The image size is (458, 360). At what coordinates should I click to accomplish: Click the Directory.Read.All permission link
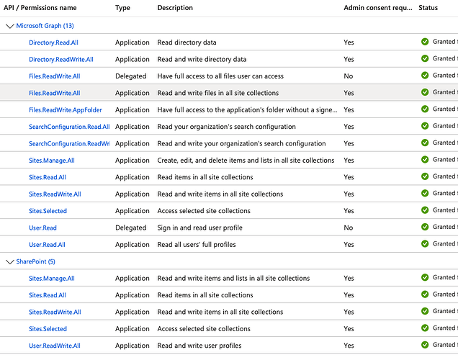click(53, 42)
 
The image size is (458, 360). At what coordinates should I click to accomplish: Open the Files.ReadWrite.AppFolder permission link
click(65, 110)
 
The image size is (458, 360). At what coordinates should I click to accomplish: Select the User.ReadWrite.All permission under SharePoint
click(54, 346)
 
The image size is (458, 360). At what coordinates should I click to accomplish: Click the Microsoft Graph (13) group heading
click(44, 26)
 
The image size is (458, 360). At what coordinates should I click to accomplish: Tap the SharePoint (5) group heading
click(35, 261)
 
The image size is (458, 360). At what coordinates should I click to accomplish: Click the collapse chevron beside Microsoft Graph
click(9, 26)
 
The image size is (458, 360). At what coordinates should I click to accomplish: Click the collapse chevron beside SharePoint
click(9, 261)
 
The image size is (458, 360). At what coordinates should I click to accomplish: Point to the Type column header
click(122, 8)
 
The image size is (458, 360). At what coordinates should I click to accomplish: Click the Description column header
click(175, 8)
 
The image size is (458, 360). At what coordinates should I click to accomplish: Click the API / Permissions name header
click(40, 8)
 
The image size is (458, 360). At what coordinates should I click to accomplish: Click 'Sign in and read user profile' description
click(199, 228)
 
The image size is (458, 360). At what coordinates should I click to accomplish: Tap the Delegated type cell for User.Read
click(130, 228)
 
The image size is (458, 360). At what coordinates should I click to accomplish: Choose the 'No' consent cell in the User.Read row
click(348, 228)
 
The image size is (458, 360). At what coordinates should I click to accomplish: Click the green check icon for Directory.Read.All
click(425, 42)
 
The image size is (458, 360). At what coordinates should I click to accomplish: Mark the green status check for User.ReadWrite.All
click(425, 345)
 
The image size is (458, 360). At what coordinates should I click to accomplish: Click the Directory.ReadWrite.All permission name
click(60, 60)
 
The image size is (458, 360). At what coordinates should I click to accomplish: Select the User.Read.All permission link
click(47, 245)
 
